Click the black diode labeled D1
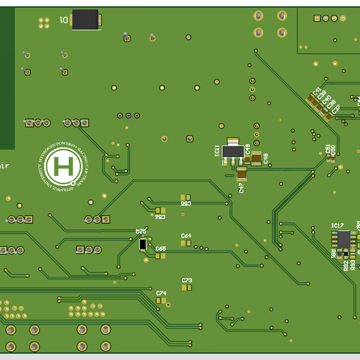point(85,20)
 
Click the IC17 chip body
point(343,239)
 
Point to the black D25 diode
point(143,244)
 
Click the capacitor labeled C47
point(242,174)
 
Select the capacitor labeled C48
point(257,158)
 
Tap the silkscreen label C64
point(186,236)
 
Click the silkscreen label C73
point(187,280)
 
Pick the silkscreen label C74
point(161,293)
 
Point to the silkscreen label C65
point(160,248)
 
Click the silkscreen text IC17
point(337,226)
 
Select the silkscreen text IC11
point(217,151)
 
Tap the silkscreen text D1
point(64,20)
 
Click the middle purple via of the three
point(128,115)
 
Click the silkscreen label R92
point(346,265)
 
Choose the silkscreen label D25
point(141,232)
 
